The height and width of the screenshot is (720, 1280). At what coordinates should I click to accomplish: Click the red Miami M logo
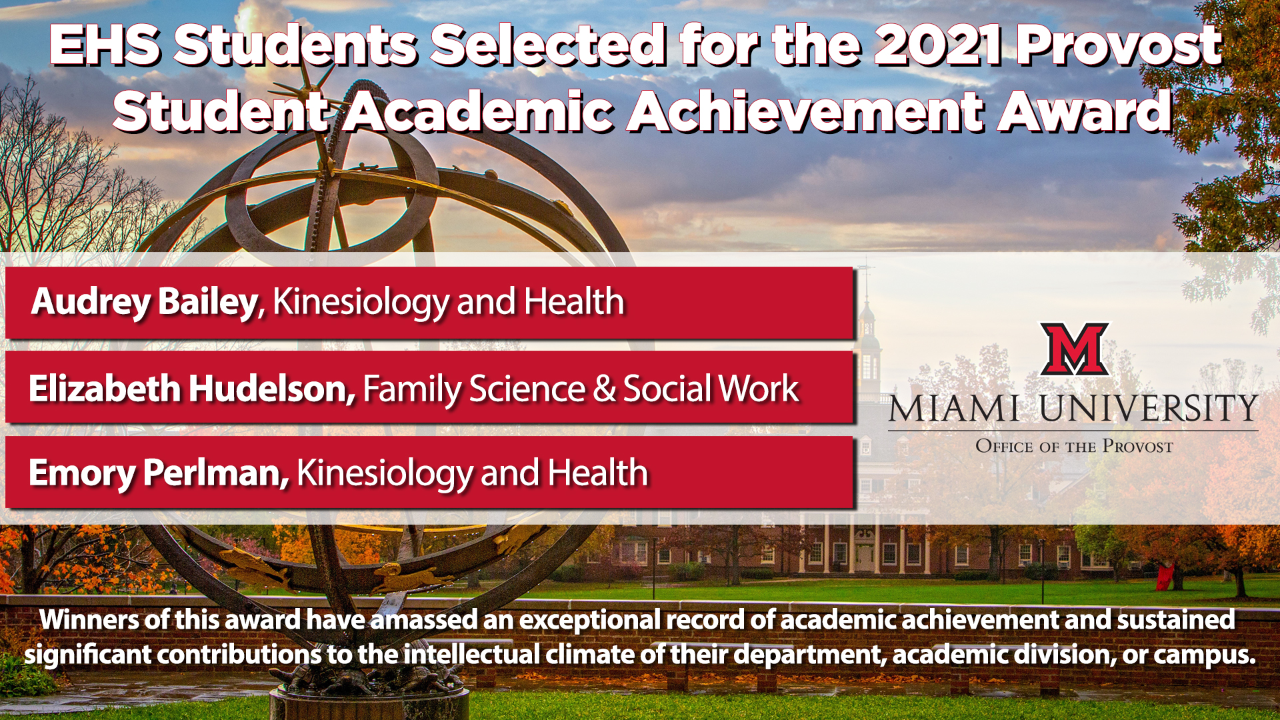[1075, 349]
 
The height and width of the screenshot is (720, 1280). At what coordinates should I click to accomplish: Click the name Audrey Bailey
[144, 302]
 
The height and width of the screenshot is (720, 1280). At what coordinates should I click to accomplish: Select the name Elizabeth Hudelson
[192, 389]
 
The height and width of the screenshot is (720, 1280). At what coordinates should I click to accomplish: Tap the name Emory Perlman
[159, 474]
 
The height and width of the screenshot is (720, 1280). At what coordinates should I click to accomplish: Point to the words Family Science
[474, 389]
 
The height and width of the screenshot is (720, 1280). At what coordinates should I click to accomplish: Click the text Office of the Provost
[1074, 446]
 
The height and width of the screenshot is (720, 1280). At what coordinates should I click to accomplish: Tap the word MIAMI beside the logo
[954, 408]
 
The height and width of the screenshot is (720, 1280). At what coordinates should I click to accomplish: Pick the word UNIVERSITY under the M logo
[1149, 408]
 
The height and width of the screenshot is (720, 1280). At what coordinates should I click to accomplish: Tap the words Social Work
[711, 389]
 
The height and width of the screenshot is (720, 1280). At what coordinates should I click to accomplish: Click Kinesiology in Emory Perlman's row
[385, 474]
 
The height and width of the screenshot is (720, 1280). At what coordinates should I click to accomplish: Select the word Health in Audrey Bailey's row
[574, 301]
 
